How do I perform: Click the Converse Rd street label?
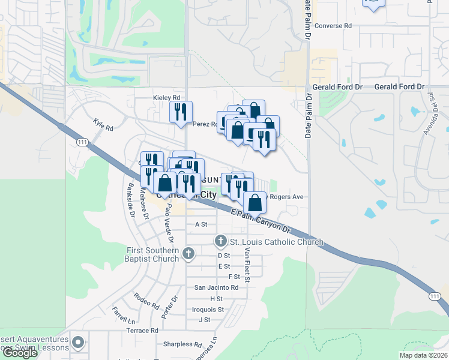click(333, 26)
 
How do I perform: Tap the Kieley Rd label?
click(166, 98)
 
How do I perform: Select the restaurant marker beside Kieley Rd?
click(181, 112)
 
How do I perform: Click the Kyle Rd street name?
click(103, 124)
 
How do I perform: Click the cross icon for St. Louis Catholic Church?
click(220, 241)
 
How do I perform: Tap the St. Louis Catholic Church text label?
click(277, 242)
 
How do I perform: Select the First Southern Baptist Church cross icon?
click(189, 254)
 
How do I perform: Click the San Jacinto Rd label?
click(216, 287)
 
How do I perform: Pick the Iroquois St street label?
click(208, 310)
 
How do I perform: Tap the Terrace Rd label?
click(142, 331)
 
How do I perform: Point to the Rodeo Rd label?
click(146, 298)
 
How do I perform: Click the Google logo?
click(20, 353)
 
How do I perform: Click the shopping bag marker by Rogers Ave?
click(255, 203)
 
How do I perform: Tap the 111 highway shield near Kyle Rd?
click(82, 142)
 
